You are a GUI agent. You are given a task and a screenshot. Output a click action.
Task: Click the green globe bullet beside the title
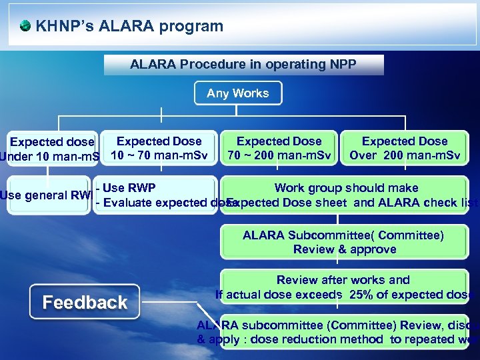[25, 26]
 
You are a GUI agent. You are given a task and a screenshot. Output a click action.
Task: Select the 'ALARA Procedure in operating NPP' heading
[243, 65]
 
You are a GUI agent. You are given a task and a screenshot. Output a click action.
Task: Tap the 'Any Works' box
[238, 93]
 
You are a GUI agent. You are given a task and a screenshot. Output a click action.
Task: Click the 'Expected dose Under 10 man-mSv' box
[51, 149]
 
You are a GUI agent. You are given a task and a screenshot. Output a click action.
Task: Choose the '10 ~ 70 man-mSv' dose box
[159, 149]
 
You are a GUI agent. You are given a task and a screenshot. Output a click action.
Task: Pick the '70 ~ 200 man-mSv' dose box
[279, 149]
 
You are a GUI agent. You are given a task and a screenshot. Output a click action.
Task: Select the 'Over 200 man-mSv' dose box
[404, 149]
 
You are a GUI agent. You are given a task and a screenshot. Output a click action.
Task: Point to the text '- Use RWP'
[126, 188]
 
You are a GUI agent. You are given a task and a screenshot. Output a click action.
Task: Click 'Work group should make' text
[346, 188]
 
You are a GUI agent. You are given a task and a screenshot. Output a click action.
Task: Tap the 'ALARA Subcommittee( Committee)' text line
[343, 235]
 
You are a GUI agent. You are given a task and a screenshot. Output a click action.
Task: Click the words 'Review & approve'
[345, 249]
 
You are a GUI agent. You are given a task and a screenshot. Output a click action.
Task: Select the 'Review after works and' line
[343, 280]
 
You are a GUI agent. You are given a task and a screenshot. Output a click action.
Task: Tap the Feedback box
[85, 302]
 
